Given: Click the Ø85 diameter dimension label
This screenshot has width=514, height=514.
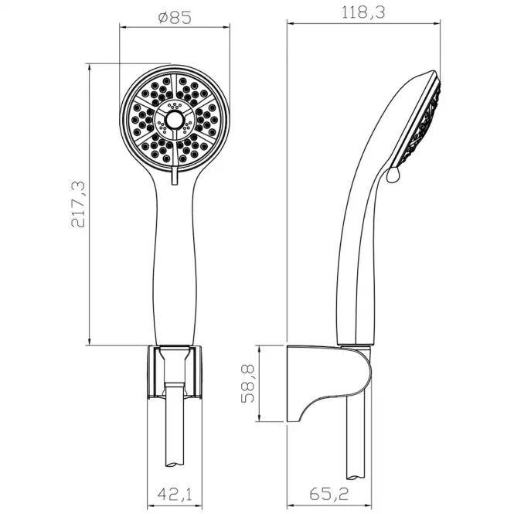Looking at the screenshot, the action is [175, 18].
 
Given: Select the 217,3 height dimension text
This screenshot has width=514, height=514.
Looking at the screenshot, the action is [78, 204].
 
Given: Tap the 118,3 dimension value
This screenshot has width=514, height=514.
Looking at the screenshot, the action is [363, 13].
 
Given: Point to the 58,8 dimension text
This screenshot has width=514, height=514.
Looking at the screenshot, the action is [248, 383].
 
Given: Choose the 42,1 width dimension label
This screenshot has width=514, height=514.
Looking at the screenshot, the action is [175, 495].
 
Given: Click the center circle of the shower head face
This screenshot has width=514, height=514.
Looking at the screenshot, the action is [174, 121].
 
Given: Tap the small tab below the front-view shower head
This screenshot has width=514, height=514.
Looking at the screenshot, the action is [175, 176].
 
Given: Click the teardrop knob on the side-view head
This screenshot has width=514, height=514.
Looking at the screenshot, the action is [393, 175].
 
